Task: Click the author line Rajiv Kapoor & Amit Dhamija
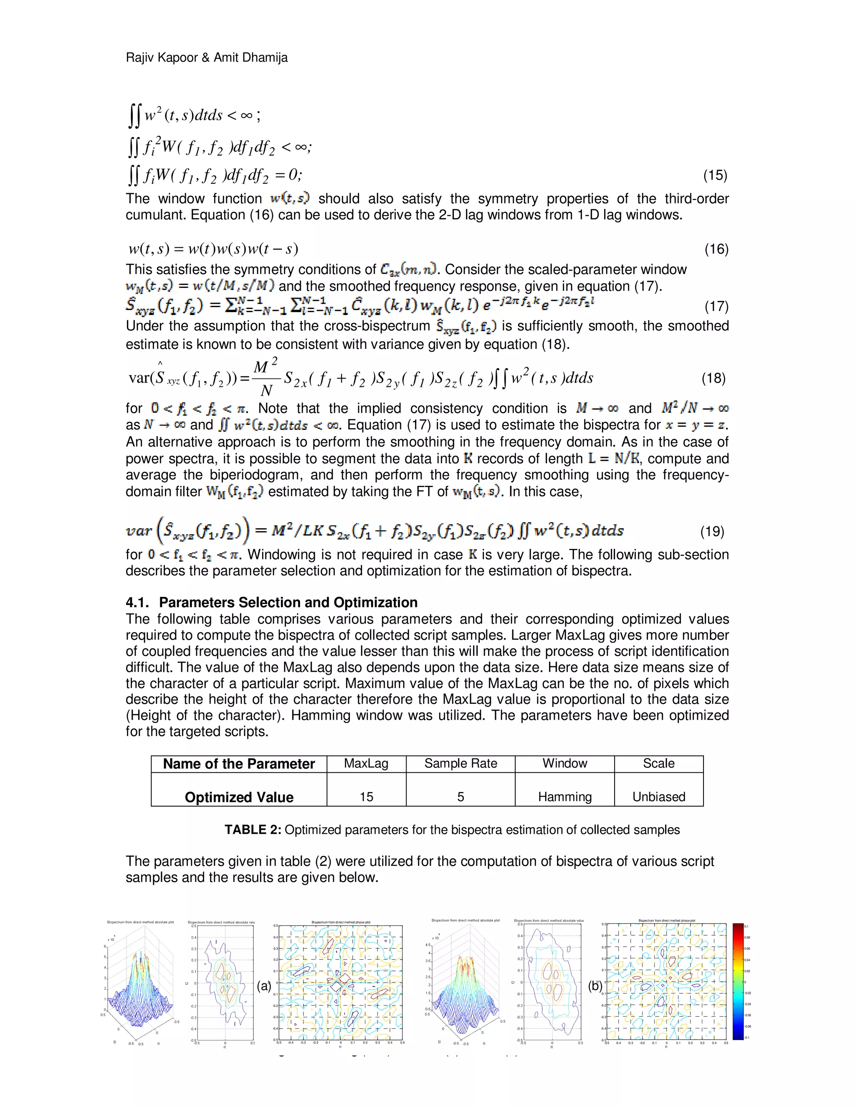tap(206, 58)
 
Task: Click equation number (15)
tap(715, 175)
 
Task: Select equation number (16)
tap(716, 249)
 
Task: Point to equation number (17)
tap(716, 306)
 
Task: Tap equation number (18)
tap(713, 378)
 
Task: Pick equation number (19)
tap(712, 531)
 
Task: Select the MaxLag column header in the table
tap(366, 763)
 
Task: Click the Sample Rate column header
tap(460, 763)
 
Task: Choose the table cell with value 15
tap(366, 797)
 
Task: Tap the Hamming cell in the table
tap(564, 797)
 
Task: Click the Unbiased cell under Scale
tap(658, 797)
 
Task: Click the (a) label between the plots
tap(264, 986)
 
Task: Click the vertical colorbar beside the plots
tap(738, 981)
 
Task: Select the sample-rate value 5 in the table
tap(460, 797)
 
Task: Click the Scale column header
tap(658, 763)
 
